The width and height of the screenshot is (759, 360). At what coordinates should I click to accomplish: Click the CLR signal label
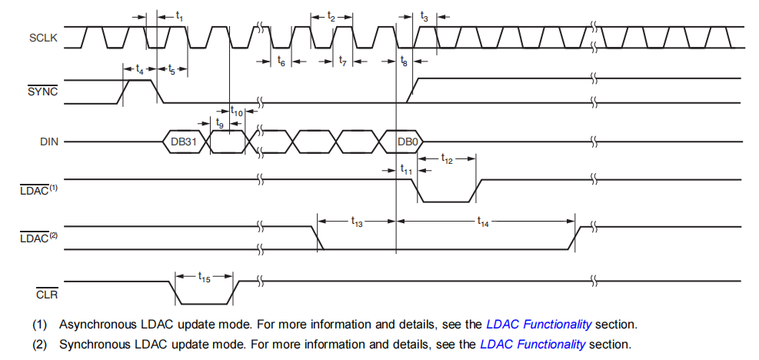(47, 293)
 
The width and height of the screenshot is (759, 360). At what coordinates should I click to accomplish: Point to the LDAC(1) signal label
(38, 190)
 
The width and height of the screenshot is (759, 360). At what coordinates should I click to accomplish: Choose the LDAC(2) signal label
(38, 238)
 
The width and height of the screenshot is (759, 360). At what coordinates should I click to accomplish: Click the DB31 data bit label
(184, 142)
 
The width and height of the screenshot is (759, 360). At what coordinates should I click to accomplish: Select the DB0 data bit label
(408, 142)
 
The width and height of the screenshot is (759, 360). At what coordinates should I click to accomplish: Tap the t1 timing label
(180, 15)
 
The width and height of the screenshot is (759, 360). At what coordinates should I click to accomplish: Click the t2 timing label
(331, 15)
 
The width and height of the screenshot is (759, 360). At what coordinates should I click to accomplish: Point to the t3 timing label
(424, 15)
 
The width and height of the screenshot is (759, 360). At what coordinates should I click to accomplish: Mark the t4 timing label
(139, 69)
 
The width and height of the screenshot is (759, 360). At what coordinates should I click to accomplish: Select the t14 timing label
(483, 222)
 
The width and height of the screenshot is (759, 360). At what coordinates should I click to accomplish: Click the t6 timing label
(281, 62)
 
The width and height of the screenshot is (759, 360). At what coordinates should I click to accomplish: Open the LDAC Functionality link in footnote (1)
(538, 324)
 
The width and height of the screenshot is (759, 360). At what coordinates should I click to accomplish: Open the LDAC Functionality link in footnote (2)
(532, 344)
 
